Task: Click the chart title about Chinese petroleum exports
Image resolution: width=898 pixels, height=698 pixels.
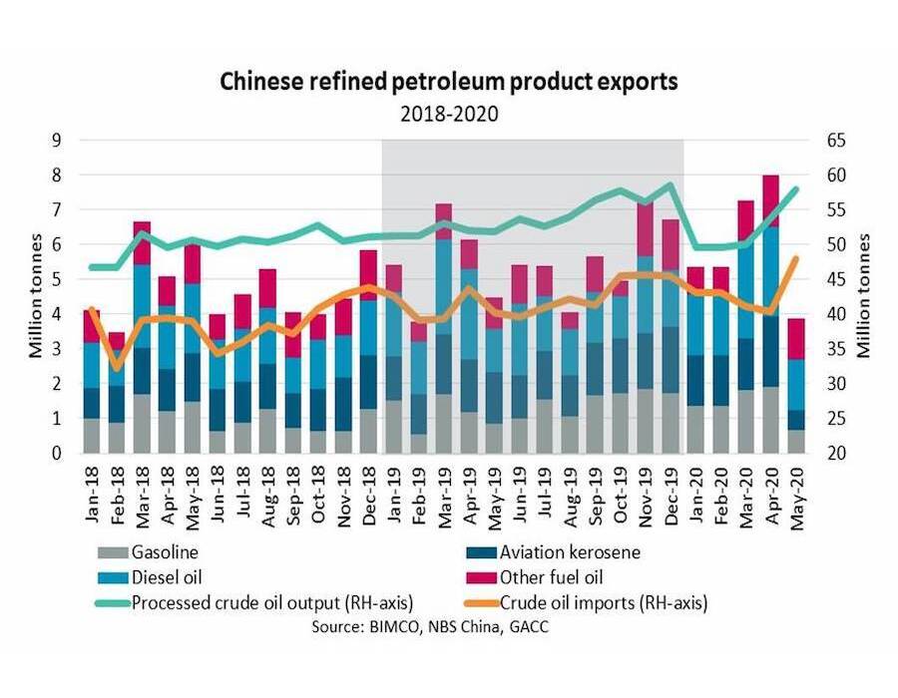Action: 449,82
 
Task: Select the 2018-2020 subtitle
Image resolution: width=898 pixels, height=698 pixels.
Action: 449,113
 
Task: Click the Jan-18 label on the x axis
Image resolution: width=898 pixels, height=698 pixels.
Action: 92,492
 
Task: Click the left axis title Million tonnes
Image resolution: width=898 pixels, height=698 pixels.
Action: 36,296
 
